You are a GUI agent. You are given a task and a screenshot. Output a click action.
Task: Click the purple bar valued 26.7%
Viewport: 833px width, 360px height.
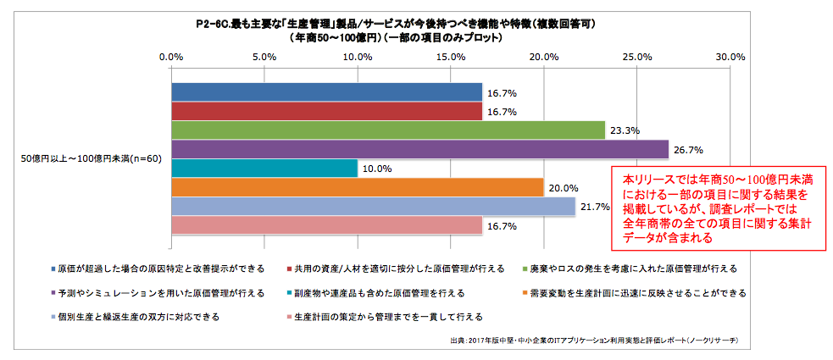coord(419,149)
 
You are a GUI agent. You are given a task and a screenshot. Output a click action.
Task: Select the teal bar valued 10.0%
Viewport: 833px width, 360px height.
coord(264,168)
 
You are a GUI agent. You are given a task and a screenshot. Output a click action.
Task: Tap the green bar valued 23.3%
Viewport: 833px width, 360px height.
coord(388,130)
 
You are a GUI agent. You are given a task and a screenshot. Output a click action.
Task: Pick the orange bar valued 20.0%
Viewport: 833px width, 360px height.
coord(357,187)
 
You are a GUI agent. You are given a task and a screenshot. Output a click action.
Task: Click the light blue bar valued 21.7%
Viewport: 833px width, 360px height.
coord(373,206)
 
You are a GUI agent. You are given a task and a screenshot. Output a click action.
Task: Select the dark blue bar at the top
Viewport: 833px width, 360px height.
coord(326,92)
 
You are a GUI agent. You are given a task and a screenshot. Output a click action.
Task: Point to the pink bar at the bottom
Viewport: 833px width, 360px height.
coord(326,224)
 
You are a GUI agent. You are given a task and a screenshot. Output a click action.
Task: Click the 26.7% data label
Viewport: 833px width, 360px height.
coord(688,150)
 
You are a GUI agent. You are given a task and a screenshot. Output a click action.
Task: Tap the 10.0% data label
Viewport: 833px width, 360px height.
coord(377,169)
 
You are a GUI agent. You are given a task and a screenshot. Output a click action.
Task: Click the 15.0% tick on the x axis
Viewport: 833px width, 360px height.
coord(451,57)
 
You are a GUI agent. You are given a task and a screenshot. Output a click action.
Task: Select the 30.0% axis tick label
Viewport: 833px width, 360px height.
coord(730,57)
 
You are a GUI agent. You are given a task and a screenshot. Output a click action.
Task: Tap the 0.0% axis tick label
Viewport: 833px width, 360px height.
coord(172,57)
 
